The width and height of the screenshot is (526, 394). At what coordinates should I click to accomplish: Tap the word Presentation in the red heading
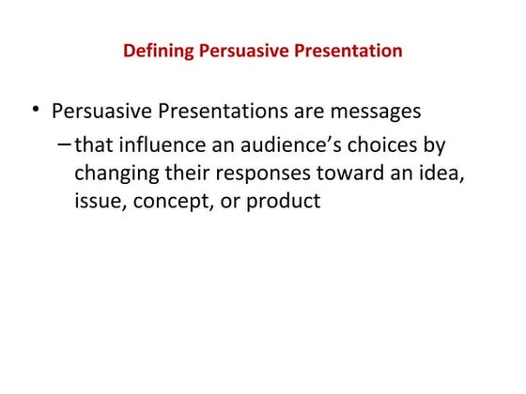[347, 51]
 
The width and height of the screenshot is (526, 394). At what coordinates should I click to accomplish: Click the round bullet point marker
[35, 111]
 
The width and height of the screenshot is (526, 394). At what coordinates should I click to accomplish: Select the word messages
[374, 112]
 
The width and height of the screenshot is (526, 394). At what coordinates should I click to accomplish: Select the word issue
[97, 201]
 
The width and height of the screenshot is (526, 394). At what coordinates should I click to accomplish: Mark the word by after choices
[433, 146]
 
